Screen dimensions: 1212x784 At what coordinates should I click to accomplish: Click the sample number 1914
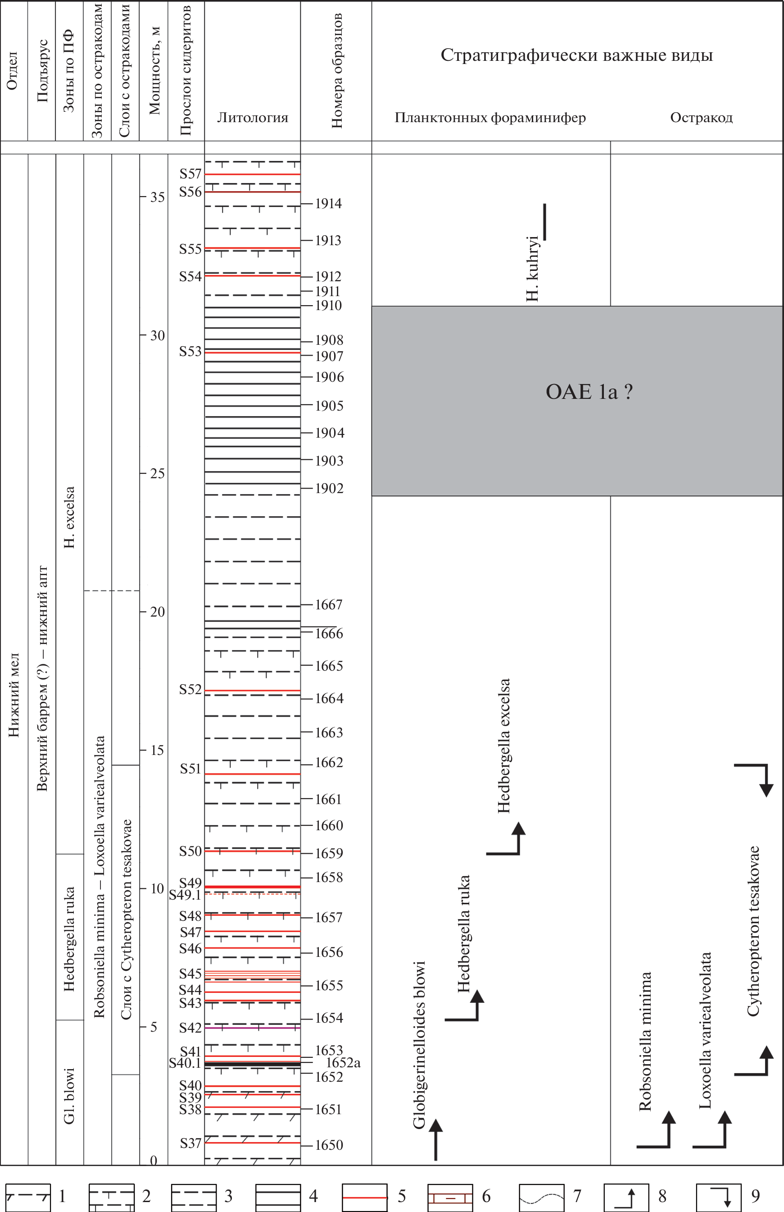tap(328, 204)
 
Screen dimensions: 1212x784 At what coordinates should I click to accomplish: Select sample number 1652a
tap(343, 1063)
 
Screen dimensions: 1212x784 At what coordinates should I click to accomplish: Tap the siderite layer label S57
tap(190, 174)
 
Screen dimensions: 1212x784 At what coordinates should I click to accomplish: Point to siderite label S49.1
tap(185, 895)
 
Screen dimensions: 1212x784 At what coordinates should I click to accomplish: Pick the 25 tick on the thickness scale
tap(157, 473)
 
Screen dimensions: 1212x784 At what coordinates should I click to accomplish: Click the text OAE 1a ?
tap(589, 392)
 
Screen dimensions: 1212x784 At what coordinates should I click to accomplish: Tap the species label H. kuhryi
tap(532, 268)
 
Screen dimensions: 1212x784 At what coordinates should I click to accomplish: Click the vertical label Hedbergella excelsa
tap(503, 745)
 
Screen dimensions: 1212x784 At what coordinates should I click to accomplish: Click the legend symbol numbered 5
tap(364, 1197)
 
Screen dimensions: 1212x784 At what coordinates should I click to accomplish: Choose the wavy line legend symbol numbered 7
tap(541, 1197)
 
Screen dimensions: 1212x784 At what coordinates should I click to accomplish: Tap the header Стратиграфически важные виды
tap(576, 55)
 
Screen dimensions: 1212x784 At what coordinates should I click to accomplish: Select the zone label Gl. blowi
tap(69, 1095)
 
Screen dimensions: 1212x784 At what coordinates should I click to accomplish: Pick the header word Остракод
tap(701, 118)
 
